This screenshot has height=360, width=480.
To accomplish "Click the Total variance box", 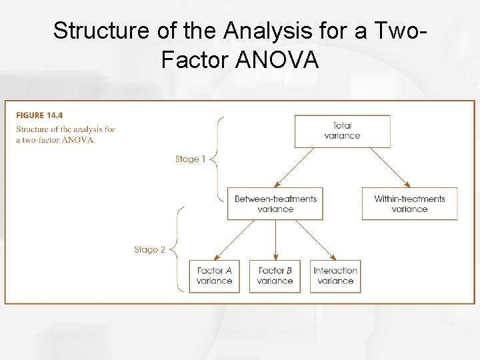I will point(341,131).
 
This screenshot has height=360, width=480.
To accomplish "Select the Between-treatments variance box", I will point(275,203).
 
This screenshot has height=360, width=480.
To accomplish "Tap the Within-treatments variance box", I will point(409,203).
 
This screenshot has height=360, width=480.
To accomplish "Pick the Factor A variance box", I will point(215,276).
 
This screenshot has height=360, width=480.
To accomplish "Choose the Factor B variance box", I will point(275,276).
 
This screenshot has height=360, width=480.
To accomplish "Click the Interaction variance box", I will point(335,276).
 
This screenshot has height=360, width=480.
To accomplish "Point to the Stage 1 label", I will point(190,159).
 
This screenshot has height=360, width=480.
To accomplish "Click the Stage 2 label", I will point(149,250).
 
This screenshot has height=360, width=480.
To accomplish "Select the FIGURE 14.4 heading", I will point(39,115).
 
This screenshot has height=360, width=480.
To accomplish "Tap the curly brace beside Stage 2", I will point(175,250).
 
